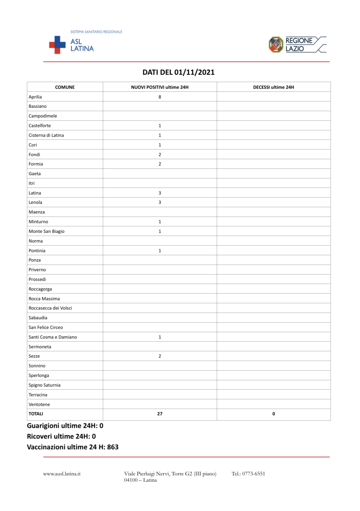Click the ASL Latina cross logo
pyautogui.click(x=57, y=45)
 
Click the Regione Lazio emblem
pyautogui.click(x=276, y=45)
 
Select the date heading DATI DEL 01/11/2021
pyautogui.click(x=178, y=72)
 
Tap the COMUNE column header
pyautogui.click(x=65, y=87)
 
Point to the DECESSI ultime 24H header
pyautogui.click(x=273, y=87)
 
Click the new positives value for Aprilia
pyautogui.click(x=160, y=97)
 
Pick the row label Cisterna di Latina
pyautogui.click(x=46, y=135)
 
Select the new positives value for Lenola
pyautogui.click(x=160, y=202)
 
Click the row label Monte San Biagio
pyautogui.click(x=46, y=231)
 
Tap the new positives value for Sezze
pyautogui.click(x=160, y=356)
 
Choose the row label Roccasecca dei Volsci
pyautogui.click(x=50, y=308)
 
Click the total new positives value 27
pyautogui.click(x=160, y=414)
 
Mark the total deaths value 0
pyautogui.click(x=274, y=414)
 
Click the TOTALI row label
pyautogui.click(x=36, y=414)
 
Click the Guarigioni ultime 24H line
pyautogui.click(x=65, y=426)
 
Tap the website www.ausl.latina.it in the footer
pyautogui.click(x=62, y=474)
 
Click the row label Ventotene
pyautogui.click(x=39, y=404)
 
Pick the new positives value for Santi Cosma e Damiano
pyautogui.click(x=160, y=337)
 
